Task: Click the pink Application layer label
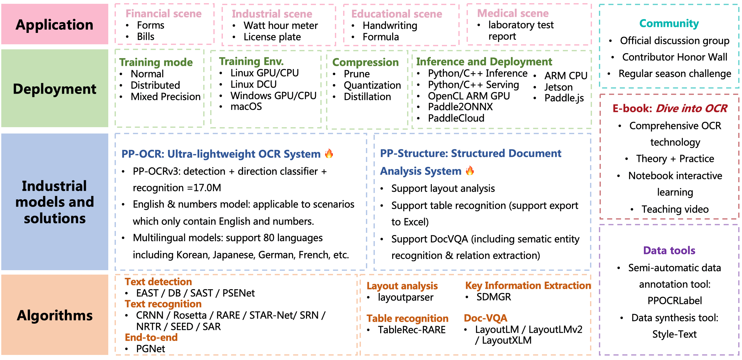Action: pyautogui.click(x=54, y=25)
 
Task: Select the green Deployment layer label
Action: pyautogui.click(x=54, y=89)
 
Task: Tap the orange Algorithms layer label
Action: pyautogui.click(x=54, y=315)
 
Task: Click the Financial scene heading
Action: pyautogui.click(x=163, y=14)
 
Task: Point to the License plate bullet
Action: pyautogui.click(x=272, y=37)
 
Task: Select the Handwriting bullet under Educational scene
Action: pyautogui.click(x=390, y=25)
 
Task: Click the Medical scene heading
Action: pyautogui.click(x=513, y=13)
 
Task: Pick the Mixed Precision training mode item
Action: pyautogui.click(x=166, y=96)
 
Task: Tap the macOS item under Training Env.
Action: pyautogui.click(x=246, y=107)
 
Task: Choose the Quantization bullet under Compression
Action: pyautogui.click(x=372, y=85)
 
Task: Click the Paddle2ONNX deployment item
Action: pyautogui.click(x=460, y=107)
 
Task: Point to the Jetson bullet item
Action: pyautogui.click(x=558, y=87)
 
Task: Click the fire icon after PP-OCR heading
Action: pyautogui.click(x=329, y=154)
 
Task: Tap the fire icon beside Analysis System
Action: pyautogui.click(x=470, y=171)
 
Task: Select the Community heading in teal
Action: pyautogui.click(x=669, y=23)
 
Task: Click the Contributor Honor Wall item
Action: pyautogui.click(x=675, y=57)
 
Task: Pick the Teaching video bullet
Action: pyautogui.click(x=675, y=209)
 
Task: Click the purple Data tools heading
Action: pyautogui.click(x=669, y=251)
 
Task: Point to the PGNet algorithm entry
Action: pyautogui.click(x=150, y=349)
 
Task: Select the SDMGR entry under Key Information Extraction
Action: pyautogui.click(x=494, y=297)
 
